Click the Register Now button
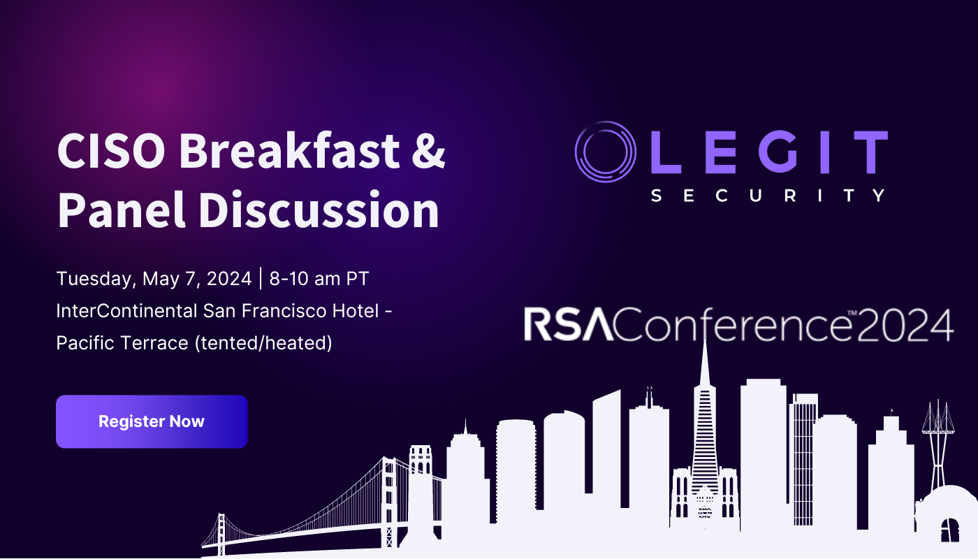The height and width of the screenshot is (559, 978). [152, 421]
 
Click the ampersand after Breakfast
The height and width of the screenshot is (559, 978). [427, 150]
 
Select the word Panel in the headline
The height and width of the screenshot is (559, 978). [111, 210]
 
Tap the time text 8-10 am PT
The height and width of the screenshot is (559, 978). [319, 279]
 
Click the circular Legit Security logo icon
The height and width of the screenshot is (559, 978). [606, 152]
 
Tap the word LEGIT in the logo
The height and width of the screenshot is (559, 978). [768, 152]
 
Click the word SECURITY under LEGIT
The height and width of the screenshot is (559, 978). [768, 196]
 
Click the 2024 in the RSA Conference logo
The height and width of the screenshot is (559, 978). [907, 326]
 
